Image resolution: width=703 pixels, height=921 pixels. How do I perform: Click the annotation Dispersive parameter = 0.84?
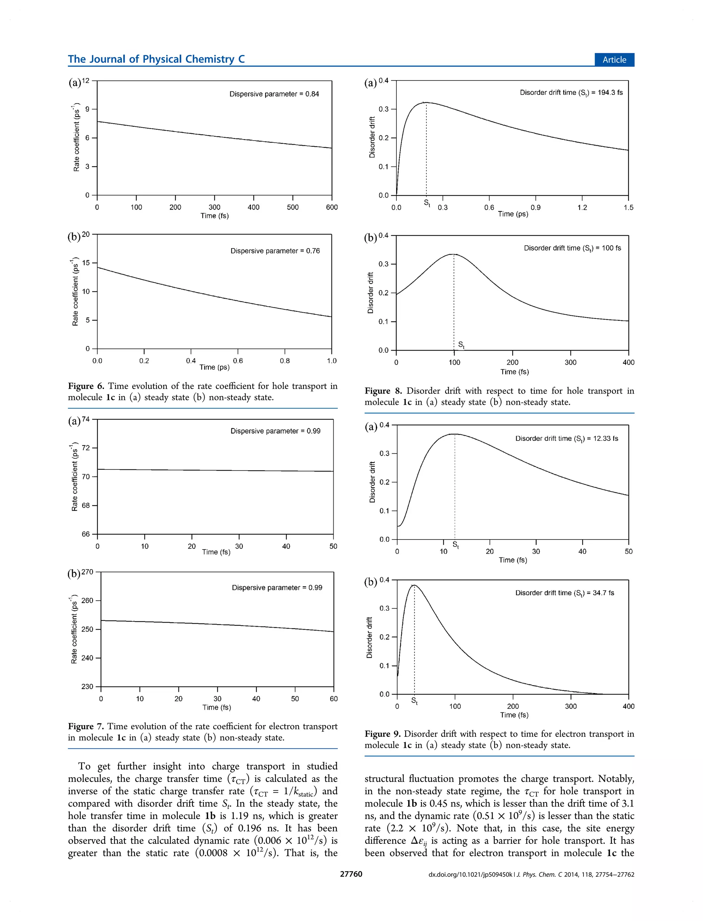pyautogui.click(x=274, y=94)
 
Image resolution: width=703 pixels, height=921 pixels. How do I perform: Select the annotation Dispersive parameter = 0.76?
pyautogui.click(x=275, y=251)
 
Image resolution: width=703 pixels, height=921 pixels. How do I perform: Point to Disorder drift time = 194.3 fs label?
pyautogui.click(x=571, y=92)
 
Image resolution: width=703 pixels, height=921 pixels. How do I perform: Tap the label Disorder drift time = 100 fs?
pyautogui.click(x=572, y=248)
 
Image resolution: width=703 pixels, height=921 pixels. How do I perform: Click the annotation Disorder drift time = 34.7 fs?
pyautogui.click(x=564, y=593)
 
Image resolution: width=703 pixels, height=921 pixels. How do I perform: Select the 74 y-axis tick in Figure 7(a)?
pyautogui.click(x=86, y=419)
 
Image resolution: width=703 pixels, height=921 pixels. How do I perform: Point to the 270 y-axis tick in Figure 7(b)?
pyautogui.click(x=88, y=572)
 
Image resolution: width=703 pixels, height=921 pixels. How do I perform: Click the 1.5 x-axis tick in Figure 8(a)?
pyautogui.click(x=628, y=207)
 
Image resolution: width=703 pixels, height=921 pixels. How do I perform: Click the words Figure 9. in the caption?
pyautogui.click(x=382, y=733)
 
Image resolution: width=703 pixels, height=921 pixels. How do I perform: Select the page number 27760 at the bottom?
pyautogui.click(x=351, y=874)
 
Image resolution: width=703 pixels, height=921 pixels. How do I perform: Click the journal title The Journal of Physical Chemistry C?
pyautogui.click(x=156, y=59)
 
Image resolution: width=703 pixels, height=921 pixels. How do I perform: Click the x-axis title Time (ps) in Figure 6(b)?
pyautogui.click(x=214, y=367)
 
